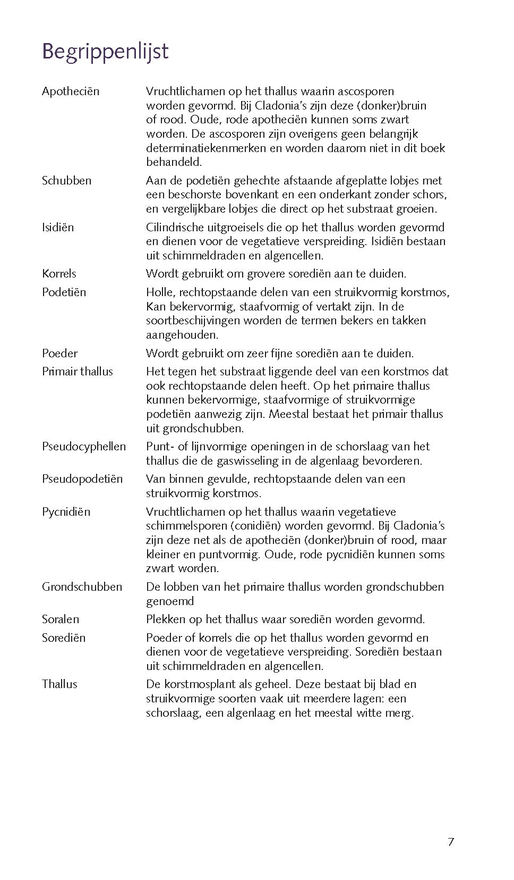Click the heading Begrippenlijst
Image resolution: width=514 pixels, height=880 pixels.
pyautogui.click(x=105, y=52)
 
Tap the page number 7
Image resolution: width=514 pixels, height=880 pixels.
pyautogui.click(x=451, y=842)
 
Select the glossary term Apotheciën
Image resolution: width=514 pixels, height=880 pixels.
pyautogui.click(x=71, y=91)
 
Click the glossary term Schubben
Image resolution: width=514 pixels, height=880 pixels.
pyautogui.click(x=66, y=181)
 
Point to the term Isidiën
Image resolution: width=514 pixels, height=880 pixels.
pyautogui.click(x=58, y=228)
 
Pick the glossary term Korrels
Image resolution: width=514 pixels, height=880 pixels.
pyautogui.click(x=59, y=274)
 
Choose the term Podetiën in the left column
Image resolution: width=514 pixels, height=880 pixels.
pyautogui.click(x=64, y=292)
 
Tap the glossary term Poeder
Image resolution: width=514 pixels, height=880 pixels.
pyautogui.click(x=59, y=354)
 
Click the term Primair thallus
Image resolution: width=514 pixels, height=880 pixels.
pyautogui.click(x=78, y=372)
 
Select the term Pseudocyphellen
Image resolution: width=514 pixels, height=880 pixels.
pyautogui.click(x=84, y=447)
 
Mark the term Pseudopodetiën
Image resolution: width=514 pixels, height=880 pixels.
pyautogui.click(x=82, y=479)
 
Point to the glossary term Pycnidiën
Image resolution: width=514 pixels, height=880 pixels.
pyautogui.click(x=66, y=512)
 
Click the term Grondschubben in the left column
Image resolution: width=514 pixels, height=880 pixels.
pyautogui.click(x=82, y=587)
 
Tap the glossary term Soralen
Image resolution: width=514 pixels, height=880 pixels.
pyautogui.click(x=61, y=619)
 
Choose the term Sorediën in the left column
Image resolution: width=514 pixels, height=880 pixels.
pyautogui.click(x=64, y=638)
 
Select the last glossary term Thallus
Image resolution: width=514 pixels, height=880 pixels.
pyautogui.click(x=59, y=684)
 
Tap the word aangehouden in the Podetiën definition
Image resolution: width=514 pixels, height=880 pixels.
pyautogui.click(x=182, y=335)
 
